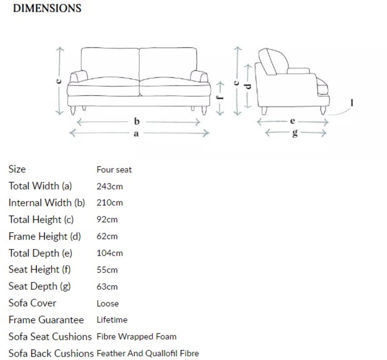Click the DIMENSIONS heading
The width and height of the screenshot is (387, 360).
pyautogui.click(x=46, y=8)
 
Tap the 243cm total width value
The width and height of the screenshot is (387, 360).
pyautogui.click(x=109, y=186)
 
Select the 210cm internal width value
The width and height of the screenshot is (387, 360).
pyautogui.click(x=109, y=203)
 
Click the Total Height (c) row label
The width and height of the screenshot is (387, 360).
pyautogui.click(x=41, y=219)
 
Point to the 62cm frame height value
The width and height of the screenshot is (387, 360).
pyautogui.click(x=107, y=236)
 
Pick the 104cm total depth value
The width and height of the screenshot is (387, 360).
pyautogui.click(x=109, y=253)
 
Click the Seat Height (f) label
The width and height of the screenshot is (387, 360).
pyautogui.click(x=39, y=269)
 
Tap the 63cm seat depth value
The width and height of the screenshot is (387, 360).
pyautogui.click(x=107, y=286)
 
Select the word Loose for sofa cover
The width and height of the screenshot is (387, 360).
pyautogui.click(x=107, y=303)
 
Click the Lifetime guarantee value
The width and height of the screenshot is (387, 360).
pyautogui.click(x=111, y=319)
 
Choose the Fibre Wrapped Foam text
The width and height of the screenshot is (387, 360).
pyautogui.click(x=136, y=336)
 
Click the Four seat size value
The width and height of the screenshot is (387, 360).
pyautogui.click(x=114, y=169)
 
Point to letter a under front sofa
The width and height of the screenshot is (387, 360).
pyautogui.click(x=136, y=133)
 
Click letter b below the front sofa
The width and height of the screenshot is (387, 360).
pyautogui.click(x=136, y=121)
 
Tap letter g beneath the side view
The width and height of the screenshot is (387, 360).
pyautogui.click(x=295, y=133)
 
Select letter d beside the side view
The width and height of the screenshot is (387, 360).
pyautogui.click(x=247, y=85)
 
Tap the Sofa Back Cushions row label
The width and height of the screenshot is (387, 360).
pyautogui.click(x=50, y=353)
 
